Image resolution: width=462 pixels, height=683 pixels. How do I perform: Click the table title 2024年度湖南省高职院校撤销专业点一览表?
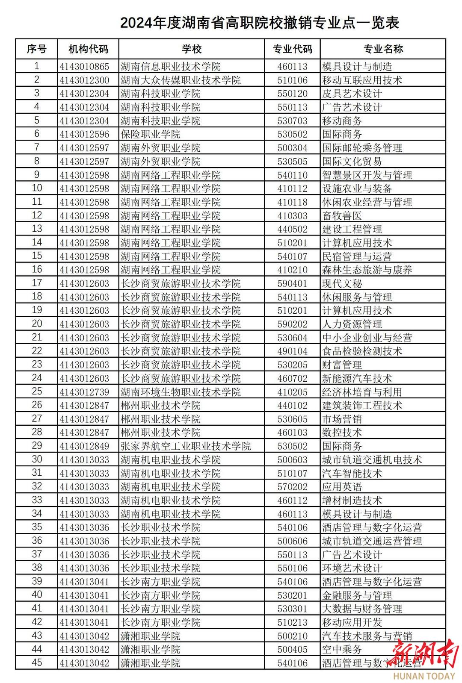(259, 23)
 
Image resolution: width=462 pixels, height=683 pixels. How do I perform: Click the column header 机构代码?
(88, 49)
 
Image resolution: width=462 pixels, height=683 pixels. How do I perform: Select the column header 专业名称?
(383, 49)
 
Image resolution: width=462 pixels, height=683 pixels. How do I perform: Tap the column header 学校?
(191, 49)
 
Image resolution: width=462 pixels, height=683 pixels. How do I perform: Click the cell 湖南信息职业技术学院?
(170, 67)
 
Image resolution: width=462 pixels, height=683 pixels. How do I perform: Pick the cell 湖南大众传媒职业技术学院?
(181, 80)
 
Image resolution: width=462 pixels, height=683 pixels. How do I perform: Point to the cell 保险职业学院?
(150, 134)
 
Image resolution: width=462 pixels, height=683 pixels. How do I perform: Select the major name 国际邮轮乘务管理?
(362, 148)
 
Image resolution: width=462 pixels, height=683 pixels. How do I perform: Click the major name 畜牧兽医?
(342, 216)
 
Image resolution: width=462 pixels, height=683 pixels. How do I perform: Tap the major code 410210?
(292, 270)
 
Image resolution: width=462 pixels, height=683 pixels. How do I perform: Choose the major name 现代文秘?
(342, 284)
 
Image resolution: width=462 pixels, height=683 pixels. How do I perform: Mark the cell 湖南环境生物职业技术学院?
(181, 392)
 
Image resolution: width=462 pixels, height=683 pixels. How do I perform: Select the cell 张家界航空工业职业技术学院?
(186, 446)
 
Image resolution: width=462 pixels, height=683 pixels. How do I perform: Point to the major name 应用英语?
(342, 487)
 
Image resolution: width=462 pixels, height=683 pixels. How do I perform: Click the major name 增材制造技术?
(352, 500)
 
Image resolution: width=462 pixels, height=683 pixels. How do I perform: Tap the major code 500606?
(292, 541)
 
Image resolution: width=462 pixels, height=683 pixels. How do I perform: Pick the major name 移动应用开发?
(352, 622)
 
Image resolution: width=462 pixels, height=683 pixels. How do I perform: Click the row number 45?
(37, 662)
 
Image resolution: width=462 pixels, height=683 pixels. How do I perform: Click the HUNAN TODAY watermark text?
(424, 676)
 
